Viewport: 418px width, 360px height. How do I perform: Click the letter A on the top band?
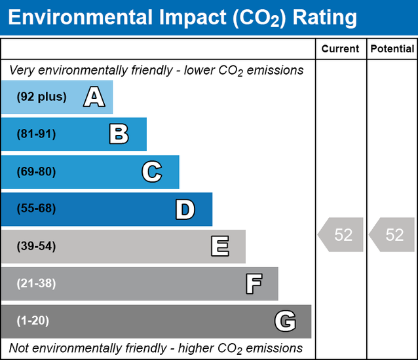click(x=94, y=98)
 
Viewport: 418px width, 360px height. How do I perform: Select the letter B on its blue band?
click(x=119, y=135)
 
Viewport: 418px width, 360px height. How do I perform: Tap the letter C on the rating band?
click(x=151, y=172)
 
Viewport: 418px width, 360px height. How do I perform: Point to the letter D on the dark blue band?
click(x=185, y=209)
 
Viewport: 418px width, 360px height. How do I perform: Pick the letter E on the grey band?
click(x=219, y=247)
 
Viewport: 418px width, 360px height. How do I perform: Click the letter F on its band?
click(x=254, y=284)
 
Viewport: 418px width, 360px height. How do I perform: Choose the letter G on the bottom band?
click(x=285, y=321)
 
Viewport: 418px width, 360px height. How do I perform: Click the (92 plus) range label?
click(x=42, y=97)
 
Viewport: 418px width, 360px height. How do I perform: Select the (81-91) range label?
click(x=37, y=134)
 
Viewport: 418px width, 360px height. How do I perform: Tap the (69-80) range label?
click(x=37, y=171)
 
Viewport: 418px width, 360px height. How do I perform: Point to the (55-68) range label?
click(x=37, y=209)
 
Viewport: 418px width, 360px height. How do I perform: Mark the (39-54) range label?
click(x=37, y=246)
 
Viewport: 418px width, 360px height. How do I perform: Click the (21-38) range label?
click(x=37, y=283)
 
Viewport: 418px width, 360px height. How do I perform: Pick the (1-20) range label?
click(x=33, y=321)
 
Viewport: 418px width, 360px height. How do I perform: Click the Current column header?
click(x=341, y=49)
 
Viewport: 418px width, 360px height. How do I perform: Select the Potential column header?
click(x=392, y=49)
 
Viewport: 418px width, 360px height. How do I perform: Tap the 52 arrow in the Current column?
click(x=341, y=235)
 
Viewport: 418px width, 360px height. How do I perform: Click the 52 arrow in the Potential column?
click(x=392, y=235)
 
